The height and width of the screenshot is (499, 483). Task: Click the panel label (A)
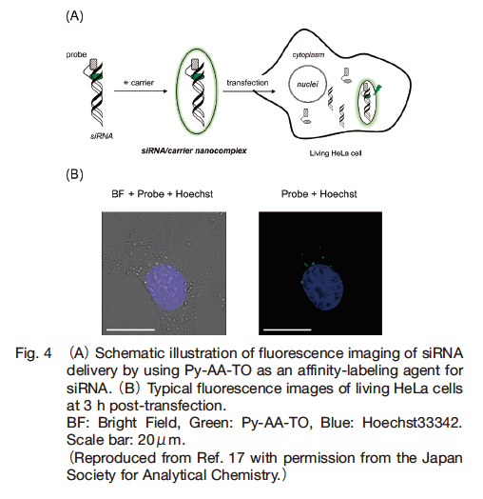pos(74,16)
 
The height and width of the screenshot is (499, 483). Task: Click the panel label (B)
pos(74,174)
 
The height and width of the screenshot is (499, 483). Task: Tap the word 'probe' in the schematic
pos(76,54)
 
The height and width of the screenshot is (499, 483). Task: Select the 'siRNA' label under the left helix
pos(102,136)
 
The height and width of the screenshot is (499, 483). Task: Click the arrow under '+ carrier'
pos(141,91)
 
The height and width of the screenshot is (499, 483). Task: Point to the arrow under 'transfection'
pos(249,91)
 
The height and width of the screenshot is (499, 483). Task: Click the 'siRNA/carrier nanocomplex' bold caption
pos(194,150)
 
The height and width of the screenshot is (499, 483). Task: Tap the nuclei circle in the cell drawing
pos(289,84)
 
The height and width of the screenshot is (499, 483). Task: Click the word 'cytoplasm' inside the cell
pos(308,54)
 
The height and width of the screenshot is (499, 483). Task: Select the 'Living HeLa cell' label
pos(336,153)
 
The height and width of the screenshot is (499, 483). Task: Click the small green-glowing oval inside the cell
pos(357,103)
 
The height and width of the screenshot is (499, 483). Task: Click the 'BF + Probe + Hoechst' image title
pos(162,194)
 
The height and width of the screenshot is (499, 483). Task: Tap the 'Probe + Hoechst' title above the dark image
pos(319,194)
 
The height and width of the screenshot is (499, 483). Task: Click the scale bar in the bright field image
pos(130,329)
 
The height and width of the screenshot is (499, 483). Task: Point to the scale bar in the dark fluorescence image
pos(287,329)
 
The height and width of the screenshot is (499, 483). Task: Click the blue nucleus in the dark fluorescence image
pos(322,288)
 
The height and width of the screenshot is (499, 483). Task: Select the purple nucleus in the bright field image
pos(165,287)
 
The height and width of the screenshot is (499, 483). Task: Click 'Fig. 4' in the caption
pos(33,353)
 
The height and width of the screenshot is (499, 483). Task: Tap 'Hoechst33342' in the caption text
pos(412,423)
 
